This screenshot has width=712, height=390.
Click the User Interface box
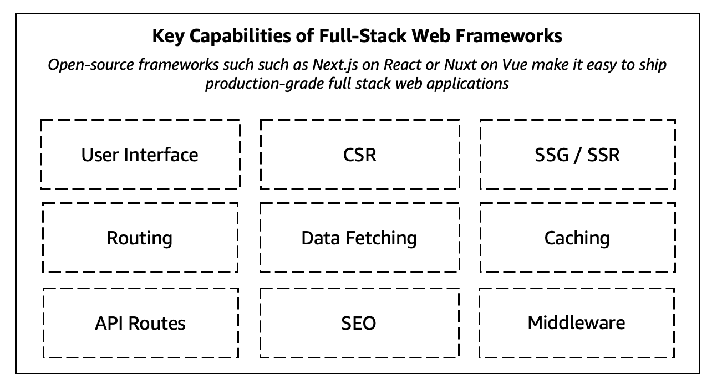coord(140,155)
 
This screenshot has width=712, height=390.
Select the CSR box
coord(359,155)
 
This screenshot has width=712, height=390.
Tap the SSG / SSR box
coord(577,155)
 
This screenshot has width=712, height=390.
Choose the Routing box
coord(140,238)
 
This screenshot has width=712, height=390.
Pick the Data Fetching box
coord(359,238)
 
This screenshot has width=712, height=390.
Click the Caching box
coord(577,238)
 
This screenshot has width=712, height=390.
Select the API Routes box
coord(140,323)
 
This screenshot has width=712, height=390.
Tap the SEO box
coord(359,323)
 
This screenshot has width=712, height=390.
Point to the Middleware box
coord(577,323)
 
